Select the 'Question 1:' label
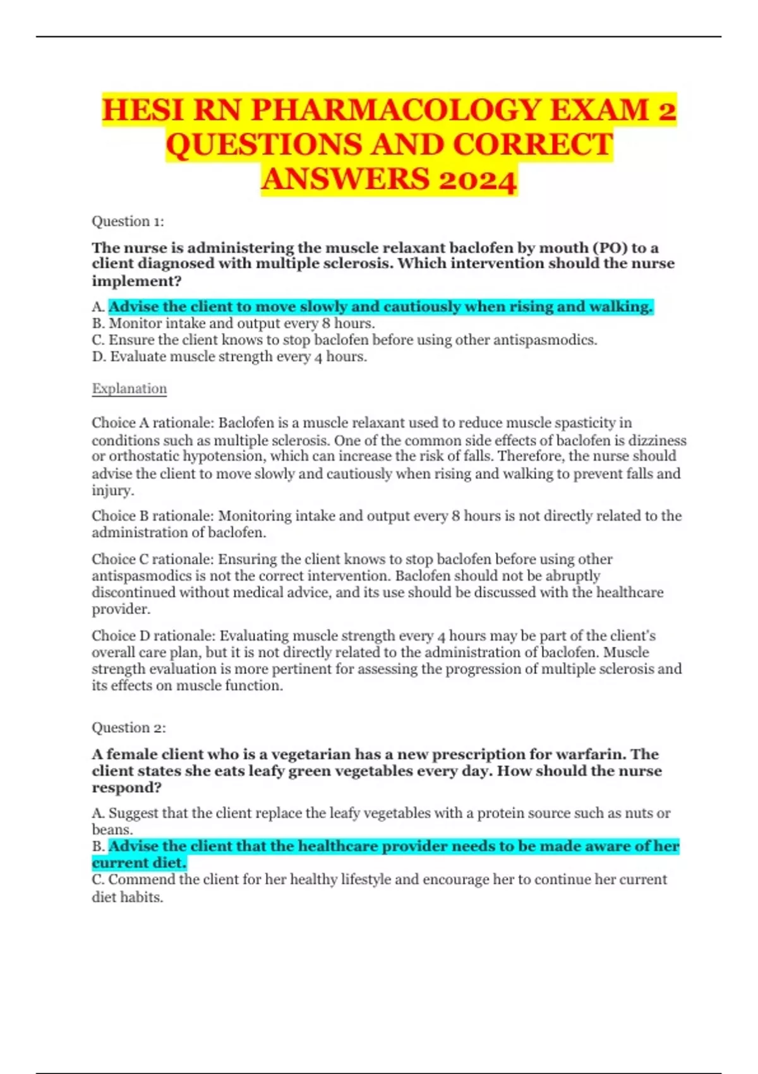pos(128,221)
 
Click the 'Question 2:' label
pos(128,728)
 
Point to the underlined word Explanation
pos(129,389)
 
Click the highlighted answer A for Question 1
pos(380,307)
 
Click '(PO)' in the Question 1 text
pos(608,248)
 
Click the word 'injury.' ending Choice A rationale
pos(112,491)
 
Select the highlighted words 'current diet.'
pos(139,863)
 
